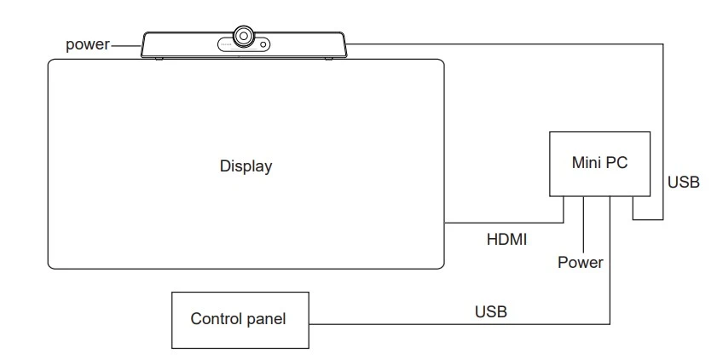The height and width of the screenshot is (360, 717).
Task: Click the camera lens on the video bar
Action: pos(244,36)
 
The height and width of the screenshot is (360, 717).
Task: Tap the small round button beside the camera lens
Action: pos(263,44)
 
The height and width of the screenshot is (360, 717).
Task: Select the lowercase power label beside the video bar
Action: pos(88,45)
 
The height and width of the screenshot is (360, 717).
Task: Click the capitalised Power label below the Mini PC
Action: pos(581,262)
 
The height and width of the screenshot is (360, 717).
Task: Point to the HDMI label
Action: pos(506,239)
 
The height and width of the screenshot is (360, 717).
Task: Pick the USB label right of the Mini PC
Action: pos(683,182)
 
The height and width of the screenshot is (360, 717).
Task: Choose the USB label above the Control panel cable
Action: pos(491,311)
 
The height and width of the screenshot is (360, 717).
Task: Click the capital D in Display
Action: pos(225,165)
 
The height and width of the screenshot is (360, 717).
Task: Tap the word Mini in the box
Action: pos(587,162)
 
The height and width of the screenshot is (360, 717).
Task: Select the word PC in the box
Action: pos(617,162)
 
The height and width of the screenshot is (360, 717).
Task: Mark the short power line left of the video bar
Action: pos(125,46)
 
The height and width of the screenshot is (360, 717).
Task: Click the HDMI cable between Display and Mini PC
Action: pos(505,223)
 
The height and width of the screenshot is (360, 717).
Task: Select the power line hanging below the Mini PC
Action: pos(583,224)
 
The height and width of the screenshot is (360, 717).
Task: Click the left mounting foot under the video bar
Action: pos(159,59)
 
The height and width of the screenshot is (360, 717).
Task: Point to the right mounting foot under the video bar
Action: pos(329,59)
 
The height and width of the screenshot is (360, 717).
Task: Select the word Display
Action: pos(246,166)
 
